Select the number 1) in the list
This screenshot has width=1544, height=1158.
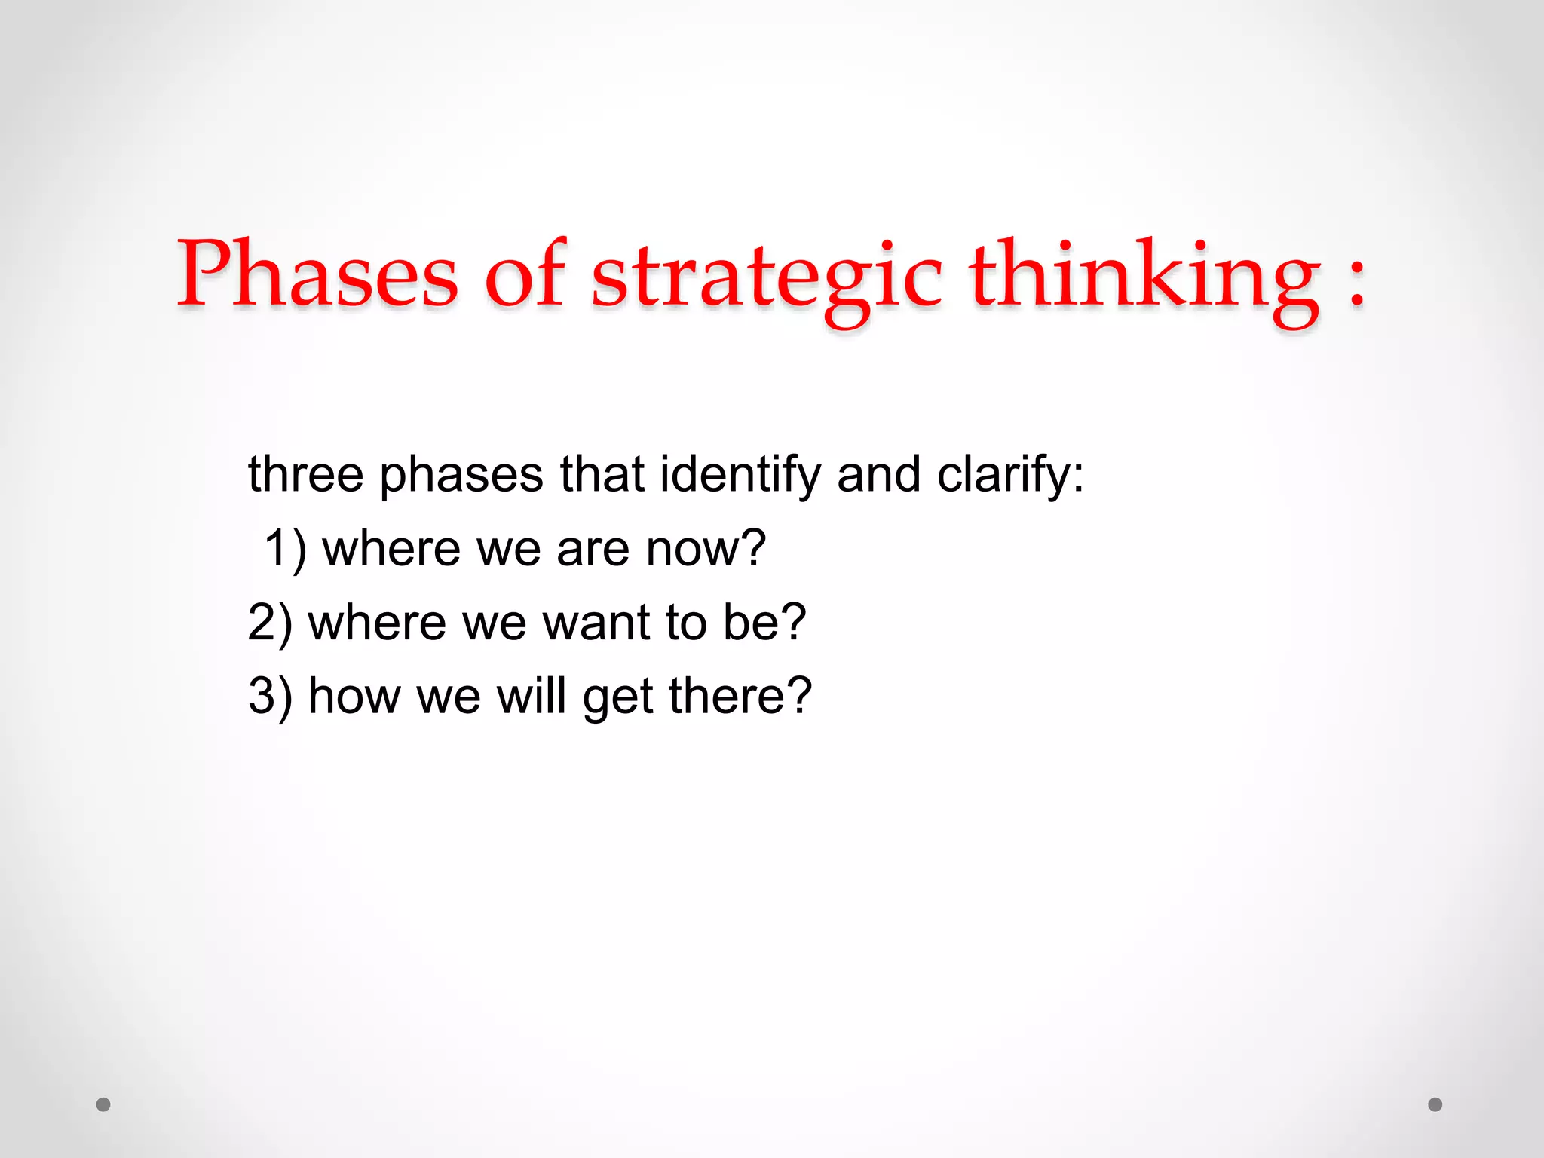click(x=285, y=549)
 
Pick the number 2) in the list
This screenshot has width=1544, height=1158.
click(x=269, y=623)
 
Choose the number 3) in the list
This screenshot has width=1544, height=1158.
click(x=269, y=697)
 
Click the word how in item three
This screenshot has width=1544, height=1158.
click(x=354, y=695)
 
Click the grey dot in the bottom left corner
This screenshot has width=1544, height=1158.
click(x=103, y=1104)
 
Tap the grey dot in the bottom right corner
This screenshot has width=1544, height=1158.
click(x=1435, y=1104)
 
